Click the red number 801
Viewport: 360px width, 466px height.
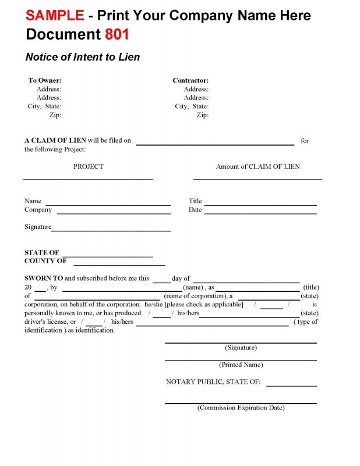click(x=117, y=35)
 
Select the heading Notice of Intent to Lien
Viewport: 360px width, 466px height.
click(x=83, y=57)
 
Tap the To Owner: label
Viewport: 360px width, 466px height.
click(x=45, y=80)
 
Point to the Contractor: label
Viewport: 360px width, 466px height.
click(x=190, y=80)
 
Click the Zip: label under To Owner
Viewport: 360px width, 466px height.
click(x=55, y=115)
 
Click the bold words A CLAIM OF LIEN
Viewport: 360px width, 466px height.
click(x=55, y=140)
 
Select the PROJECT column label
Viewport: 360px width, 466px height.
click(x=89, y=167)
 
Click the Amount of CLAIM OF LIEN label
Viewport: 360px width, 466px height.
click(x=258, y=167)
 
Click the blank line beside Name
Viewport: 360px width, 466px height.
click(x=108, y=204)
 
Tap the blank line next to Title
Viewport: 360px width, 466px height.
click(x=260, y=204)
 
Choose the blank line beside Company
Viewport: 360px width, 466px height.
click(x=114, y=213)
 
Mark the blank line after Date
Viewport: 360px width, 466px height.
click(x=260, y=213)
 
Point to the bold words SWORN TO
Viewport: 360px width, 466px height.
click(x=44, y=278)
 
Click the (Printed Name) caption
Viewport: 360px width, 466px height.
click(x=241, y=365)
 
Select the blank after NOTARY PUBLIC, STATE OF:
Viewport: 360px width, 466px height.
click(x=291, y=386)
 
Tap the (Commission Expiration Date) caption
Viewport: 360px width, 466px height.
click(x=241, y=408)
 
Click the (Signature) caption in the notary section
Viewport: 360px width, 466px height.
click(x=241, y=348)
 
